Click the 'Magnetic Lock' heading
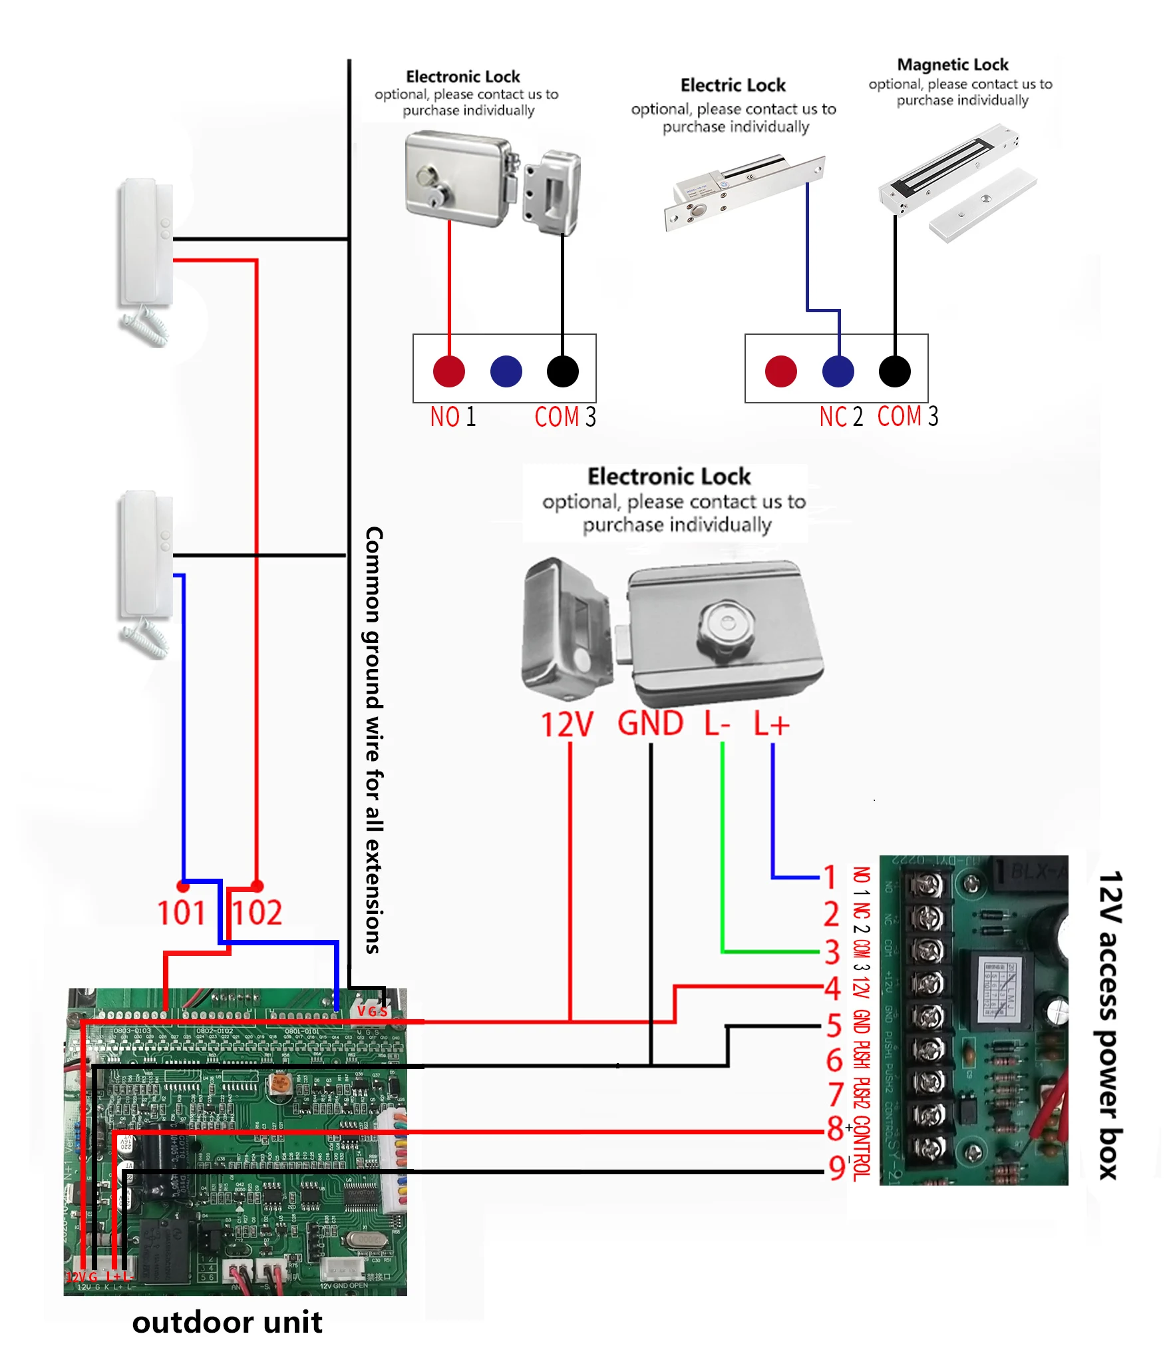pyautogui.click(x=952, y=65)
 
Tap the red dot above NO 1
pyautogui.click(x=449, y=371)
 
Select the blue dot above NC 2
pyautogui.click(x=838, y=371)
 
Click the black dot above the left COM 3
pyautogui.click(x=562, y=371)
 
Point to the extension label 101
pyautogui.click(x=181, y=912)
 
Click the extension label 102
pyautogui.click(x=257, y=912)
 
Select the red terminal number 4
pyautogui.click(x=832, y=989)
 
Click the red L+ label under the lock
pyautogui.click(x=771, y=724)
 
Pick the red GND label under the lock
pyautogui.click(x=650, y=723)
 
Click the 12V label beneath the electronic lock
pyautogui.click(x=566, y=725)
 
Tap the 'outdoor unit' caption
pyautogui.click(x=227, y=1322)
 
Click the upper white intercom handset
pyautogui.click(x=146, y=243)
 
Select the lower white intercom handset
pyautogui.click(x=146, y=556)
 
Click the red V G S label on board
pyautogui.click(x=372, y=1011)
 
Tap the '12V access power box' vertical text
pyautogui.click(x=1109, y=1025)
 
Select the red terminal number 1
pyautogui.click(x=830, y=877)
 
